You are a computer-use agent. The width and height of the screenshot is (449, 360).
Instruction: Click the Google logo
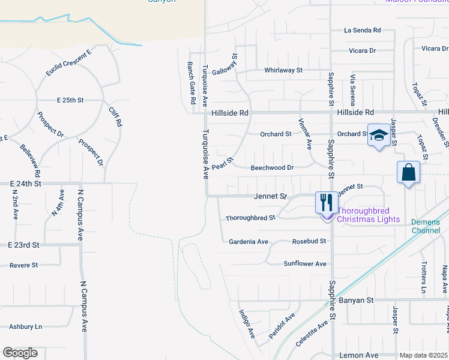point(20,353)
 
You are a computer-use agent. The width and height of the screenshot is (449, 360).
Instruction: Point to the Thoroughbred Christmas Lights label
point(368,215)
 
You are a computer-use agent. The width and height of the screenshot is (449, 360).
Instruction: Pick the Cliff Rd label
point(115,115)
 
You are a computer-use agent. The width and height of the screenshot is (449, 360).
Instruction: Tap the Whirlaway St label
point(283,70)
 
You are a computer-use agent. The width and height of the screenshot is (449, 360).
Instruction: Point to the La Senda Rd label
point(363,30)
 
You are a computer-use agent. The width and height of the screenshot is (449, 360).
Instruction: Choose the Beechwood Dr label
point(272,168)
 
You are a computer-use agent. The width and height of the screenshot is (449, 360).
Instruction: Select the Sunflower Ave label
point(305,263)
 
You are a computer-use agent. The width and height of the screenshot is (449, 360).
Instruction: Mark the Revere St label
point(23,265)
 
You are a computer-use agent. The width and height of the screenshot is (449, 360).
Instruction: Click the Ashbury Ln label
point(25,326)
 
